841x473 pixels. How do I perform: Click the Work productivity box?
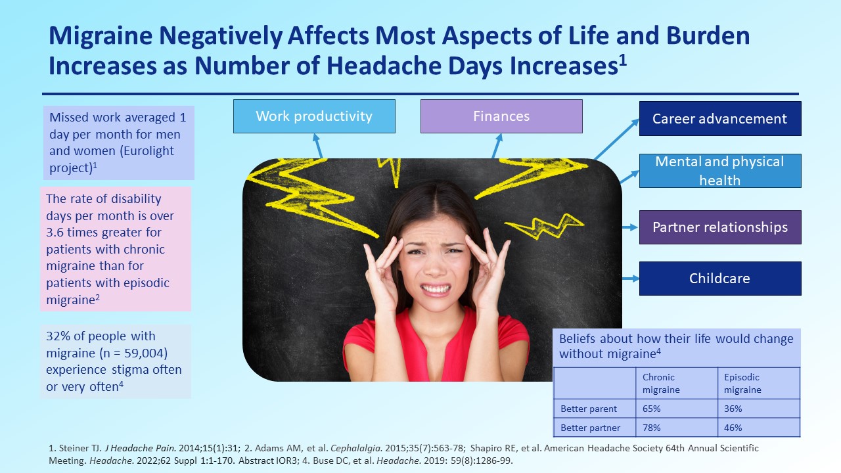coord(314,116)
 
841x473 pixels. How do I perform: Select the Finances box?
coord(501,116)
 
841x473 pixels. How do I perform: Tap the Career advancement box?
coord(720,119)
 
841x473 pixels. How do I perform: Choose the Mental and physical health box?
coord(720,171)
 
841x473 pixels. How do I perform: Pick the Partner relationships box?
coord(720,227)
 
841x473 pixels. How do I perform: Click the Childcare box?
coord(720,279)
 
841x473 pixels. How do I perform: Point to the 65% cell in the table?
coord(677,409)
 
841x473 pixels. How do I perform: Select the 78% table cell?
coord(677,428)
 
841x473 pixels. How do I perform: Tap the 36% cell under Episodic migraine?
coord(759,409)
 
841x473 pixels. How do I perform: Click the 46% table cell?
coord(759,428)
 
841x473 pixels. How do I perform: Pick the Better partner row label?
coord(591,428)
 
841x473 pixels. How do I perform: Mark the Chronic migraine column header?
coord(661,383)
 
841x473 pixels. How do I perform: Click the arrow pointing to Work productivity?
coord(317,146)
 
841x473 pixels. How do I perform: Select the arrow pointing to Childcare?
coord(631,279)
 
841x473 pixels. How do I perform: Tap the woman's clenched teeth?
coord(436,289)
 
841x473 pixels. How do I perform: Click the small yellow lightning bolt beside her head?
coord(544,226)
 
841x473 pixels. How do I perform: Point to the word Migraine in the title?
coord(101,36)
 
